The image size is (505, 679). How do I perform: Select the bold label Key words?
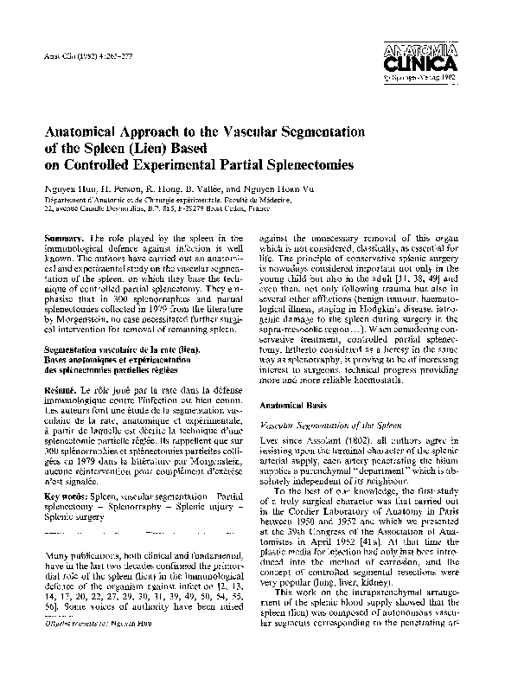click(x=70, y=496)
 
